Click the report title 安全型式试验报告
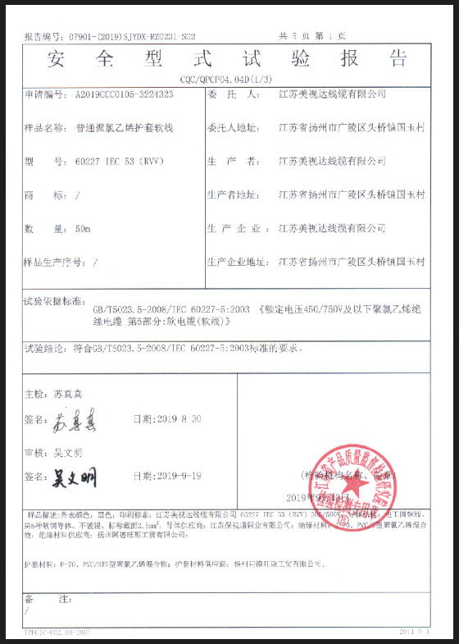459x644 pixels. click(228, 58)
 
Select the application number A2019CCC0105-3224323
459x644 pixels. click(123, 95)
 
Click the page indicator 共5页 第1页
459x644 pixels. click(313, 36)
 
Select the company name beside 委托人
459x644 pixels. click(332, 95)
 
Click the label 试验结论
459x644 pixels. click(46, 349)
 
